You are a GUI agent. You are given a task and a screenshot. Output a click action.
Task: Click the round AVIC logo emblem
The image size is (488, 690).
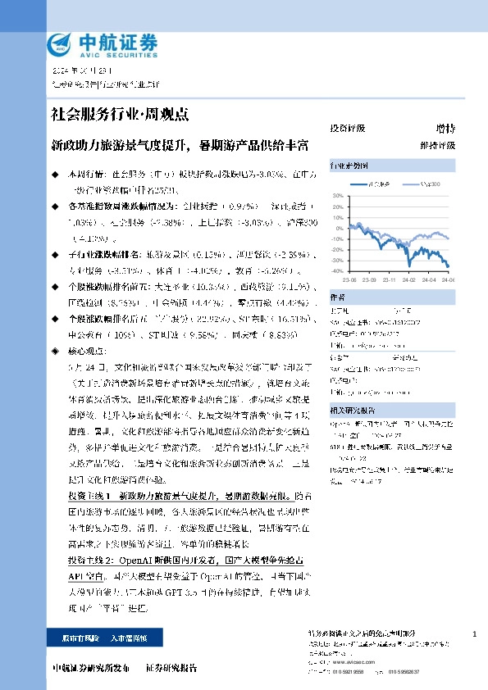[60, 45]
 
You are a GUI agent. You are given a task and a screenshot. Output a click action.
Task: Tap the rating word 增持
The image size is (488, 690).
[446, 129]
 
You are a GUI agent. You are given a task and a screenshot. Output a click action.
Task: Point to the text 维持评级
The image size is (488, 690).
[442, 145]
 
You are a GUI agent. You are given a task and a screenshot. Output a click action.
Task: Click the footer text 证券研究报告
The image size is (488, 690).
[171, 669]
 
